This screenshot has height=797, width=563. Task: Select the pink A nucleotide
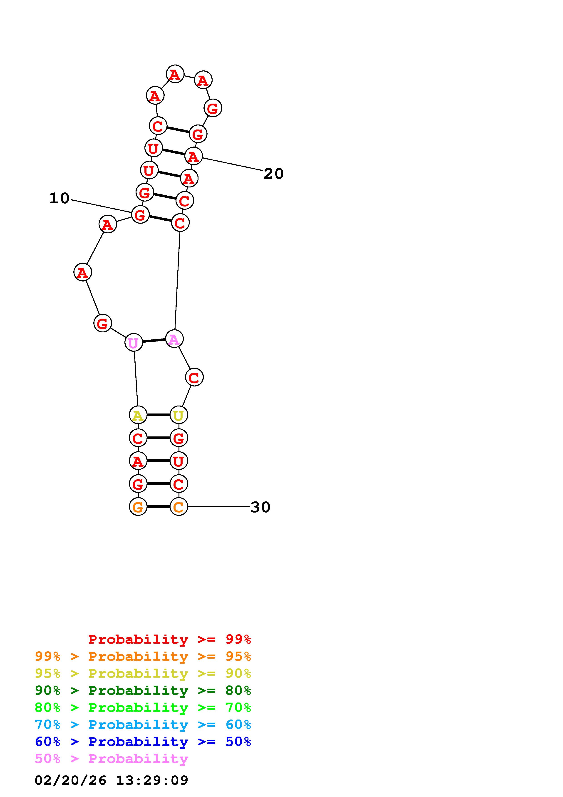pos(174,339)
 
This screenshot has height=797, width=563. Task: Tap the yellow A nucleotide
pos(138,415)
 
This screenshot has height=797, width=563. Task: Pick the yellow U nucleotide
pos(179,415)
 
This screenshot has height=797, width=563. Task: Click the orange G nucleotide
pos(138,507)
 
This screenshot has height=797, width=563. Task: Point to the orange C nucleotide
pos(179,507)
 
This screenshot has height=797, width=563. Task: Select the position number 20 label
pos(274,174)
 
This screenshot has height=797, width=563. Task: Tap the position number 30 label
pos(260,507)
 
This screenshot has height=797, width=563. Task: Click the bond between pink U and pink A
pos(154,341)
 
